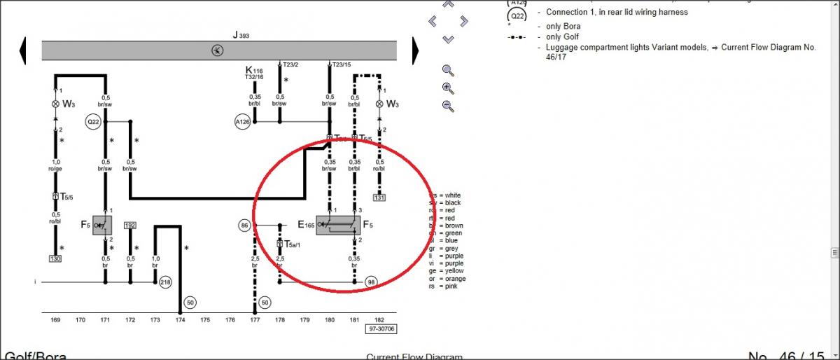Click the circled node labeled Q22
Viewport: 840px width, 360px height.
(93, 121)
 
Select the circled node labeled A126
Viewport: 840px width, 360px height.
(242, 122)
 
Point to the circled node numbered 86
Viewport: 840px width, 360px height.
(244, 226)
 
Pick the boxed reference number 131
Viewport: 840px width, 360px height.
(379, 198)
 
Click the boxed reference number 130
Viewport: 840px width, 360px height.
(55, 258)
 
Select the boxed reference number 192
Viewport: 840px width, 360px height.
(130, 226)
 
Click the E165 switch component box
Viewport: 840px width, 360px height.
(338, 225)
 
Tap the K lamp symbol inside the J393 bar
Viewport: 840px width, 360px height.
(218, 50)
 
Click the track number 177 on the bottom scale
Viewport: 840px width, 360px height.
(255, 320)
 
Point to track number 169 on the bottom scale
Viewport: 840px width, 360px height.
(55, 320)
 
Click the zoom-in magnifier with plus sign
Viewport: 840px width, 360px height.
(449, 88)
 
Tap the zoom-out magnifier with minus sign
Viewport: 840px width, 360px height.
(449, 106)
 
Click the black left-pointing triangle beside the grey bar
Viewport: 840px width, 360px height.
(24, 50)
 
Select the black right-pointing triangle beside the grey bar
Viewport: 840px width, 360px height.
(415, 50)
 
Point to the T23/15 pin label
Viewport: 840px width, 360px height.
(343, 64)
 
